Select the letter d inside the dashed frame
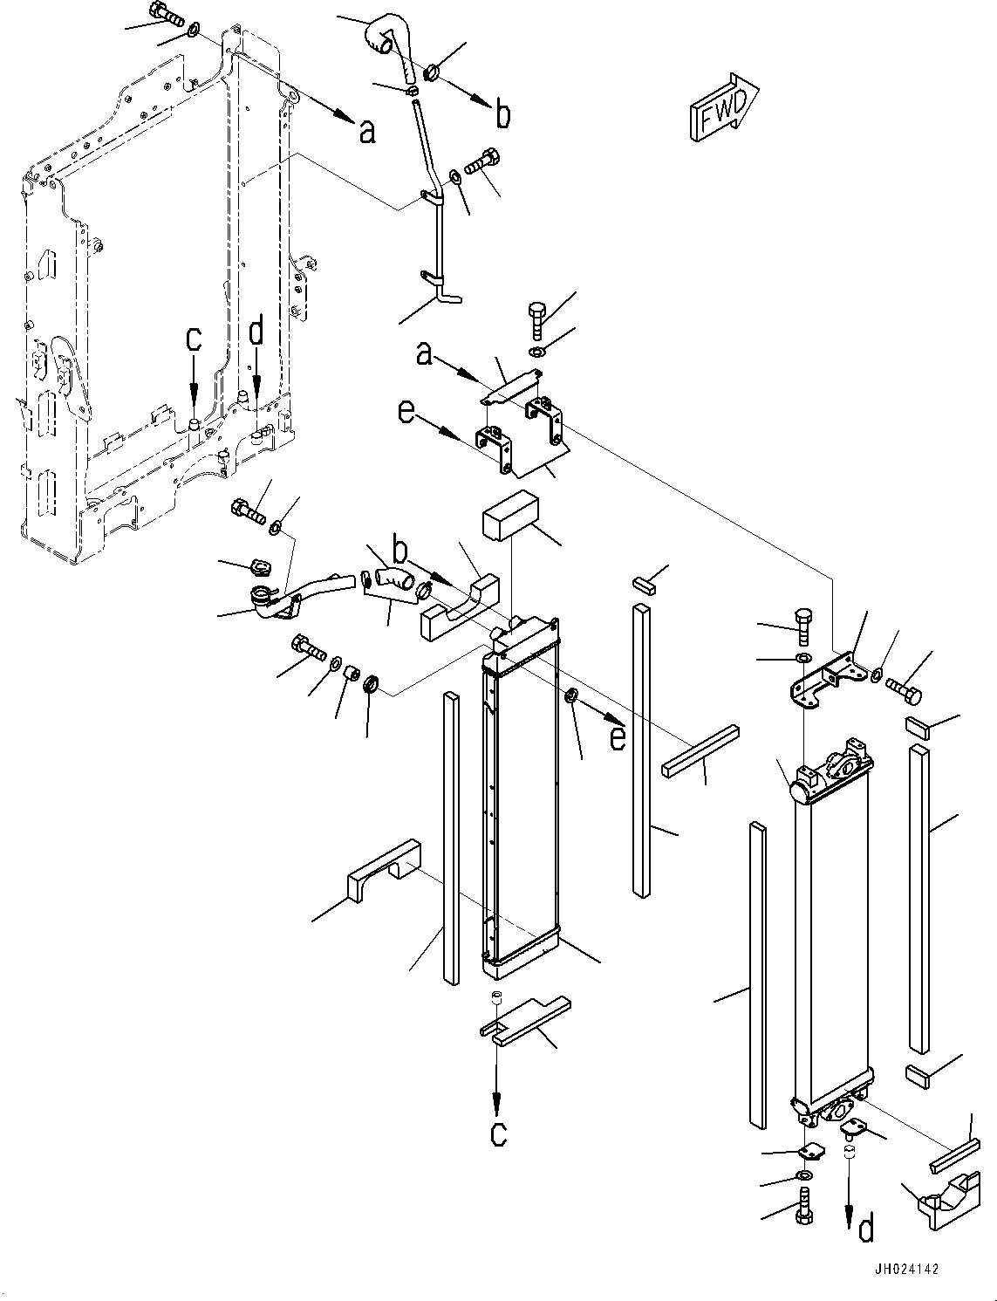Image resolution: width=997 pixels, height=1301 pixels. tap(256, 332)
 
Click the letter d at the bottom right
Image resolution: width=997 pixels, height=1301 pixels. tap(865, 1229)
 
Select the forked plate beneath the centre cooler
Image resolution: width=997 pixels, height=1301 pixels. tap(523, 1020)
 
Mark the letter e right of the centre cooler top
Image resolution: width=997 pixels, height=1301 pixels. tap(617, 737)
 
